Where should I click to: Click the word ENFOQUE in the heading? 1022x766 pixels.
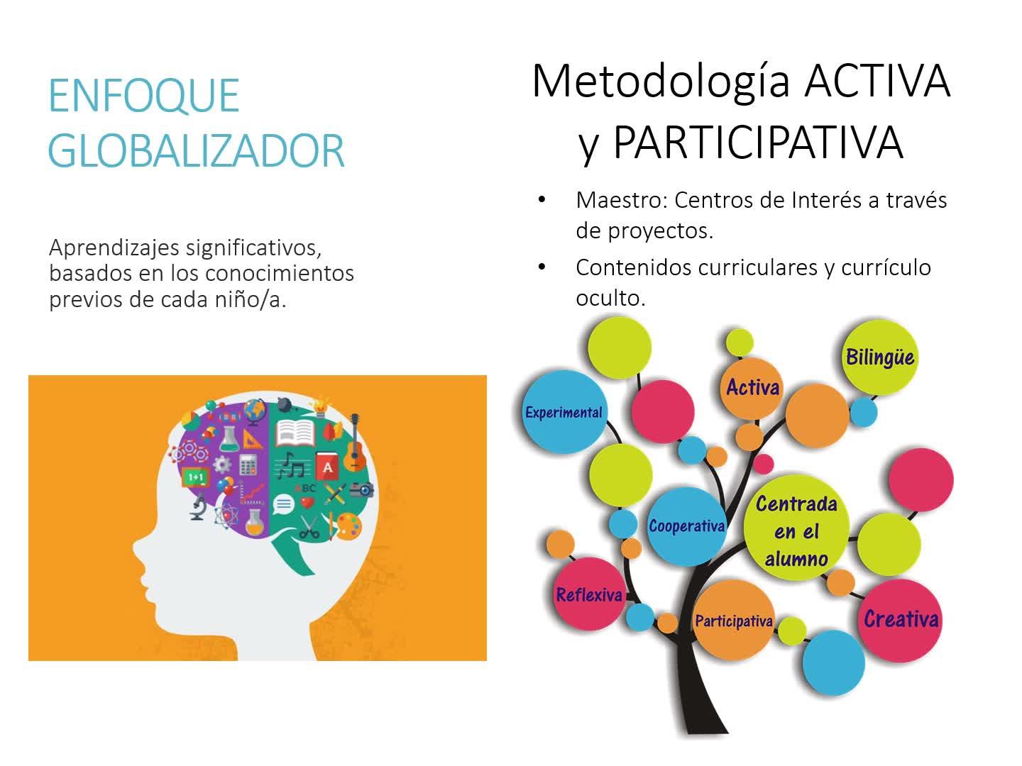144,95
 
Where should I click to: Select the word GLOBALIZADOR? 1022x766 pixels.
196,150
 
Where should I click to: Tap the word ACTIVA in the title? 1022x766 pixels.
878,82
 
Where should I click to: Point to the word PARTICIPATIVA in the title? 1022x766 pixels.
759,143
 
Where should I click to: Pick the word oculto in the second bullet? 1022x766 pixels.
610,298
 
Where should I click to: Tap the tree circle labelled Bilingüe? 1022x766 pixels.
880,357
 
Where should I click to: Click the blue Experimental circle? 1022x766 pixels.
564,411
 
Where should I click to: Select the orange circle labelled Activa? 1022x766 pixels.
752,388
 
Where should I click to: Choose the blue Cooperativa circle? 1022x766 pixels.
687,526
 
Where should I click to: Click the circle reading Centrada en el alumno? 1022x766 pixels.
796,528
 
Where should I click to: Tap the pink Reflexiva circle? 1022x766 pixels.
589,594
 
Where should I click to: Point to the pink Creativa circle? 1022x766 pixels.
900,619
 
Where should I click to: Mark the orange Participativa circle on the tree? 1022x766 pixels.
734,620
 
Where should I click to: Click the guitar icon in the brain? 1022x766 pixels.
355,443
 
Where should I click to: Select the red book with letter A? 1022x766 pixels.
327,466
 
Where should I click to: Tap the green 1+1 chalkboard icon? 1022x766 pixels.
196,477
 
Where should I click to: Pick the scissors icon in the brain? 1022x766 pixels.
309,527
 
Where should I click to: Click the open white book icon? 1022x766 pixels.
295,433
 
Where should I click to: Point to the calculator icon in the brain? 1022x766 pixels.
248,464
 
